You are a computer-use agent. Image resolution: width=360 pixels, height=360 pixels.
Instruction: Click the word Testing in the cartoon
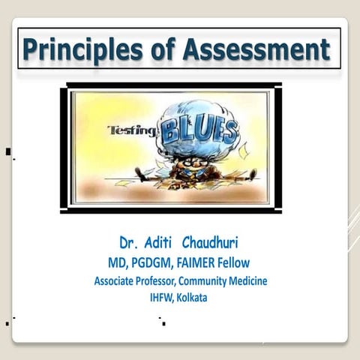(130, 130)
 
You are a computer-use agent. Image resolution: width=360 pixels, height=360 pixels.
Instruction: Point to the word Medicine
(244, 281)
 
